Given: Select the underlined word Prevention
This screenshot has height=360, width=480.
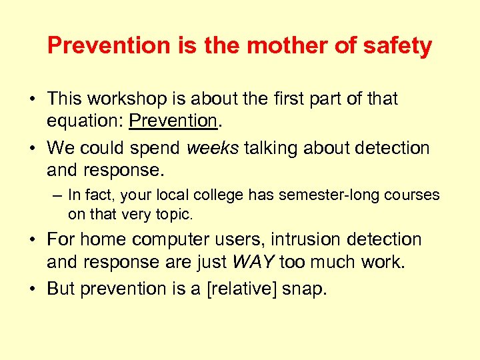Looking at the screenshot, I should tap(173, 121).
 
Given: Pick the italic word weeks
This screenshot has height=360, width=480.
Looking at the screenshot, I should tap(212, 148).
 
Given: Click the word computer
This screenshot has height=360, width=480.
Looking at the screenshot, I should tap(169, 239).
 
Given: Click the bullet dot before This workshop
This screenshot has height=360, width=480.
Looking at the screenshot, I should tap(31, 99).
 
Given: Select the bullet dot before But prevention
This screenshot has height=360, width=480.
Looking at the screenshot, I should tap(31, 289).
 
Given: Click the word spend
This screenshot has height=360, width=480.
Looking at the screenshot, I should tap(155, 148).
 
